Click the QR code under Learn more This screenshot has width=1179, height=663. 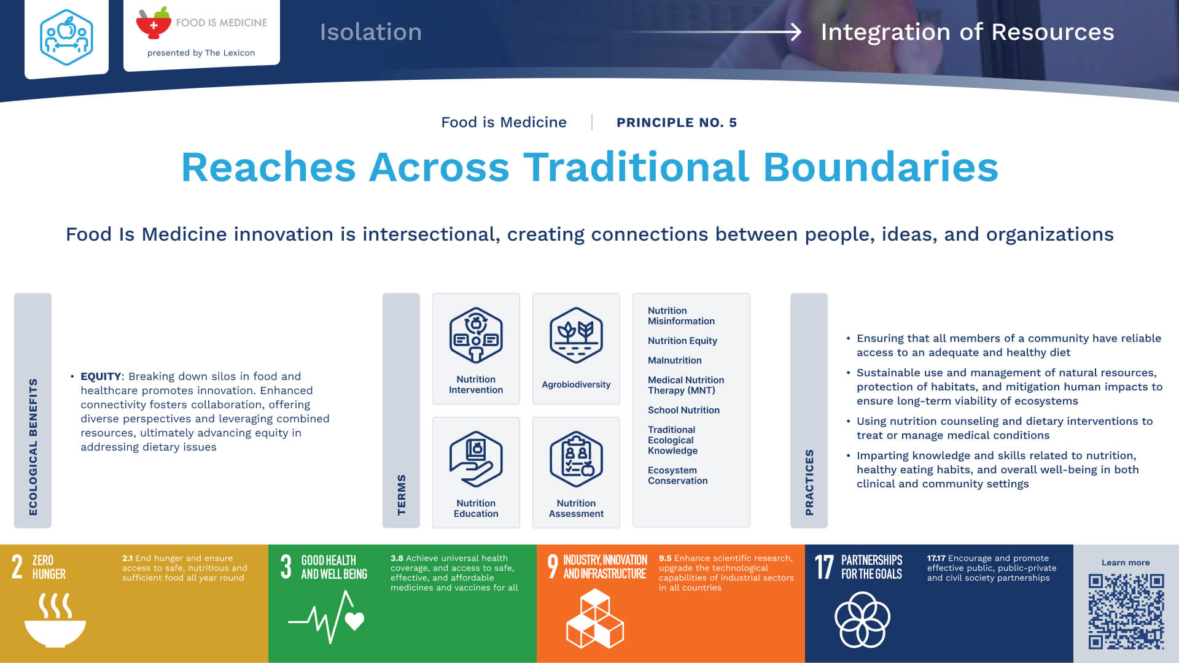(x=1126, y=611)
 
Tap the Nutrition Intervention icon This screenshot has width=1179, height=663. (x=476, y=335)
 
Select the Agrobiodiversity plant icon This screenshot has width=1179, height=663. (x=576, y=335)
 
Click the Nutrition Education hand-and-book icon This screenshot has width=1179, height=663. (x=476, y=459)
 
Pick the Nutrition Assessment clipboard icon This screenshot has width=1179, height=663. (x=576, y=459)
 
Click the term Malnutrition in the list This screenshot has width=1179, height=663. (x=674, y=360)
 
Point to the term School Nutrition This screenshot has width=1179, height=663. (x=683, y=410)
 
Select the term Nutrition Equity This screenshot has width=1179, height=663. (x=682, y=341)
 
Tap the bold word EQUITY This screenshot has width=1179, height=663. (x=101, y=376)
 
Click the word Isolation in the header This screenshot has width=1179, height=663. (x=370, y=32)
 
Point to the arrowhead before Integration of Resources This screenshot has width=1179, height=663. (x=796, y=32)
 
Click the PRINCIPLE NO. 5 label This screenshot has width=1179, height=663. (x=677, y=122)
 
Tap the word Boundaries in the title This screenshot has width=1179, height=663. (x=881, y=167)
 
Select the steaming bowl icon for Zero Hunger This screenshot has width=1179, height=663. (x=55, y=619)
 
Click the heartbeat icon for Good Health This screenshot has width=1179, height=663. (x=326, y=617)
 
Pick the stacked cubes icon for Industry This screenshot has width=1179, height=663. (x=594, y=619)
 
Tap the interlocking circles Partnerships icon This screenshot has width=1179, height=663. (x=862, y=619)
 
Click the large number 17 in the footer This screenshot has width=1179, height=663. (x=824, y=567)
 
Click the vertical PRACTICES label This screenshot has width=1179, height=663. (x=809, y=483)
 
